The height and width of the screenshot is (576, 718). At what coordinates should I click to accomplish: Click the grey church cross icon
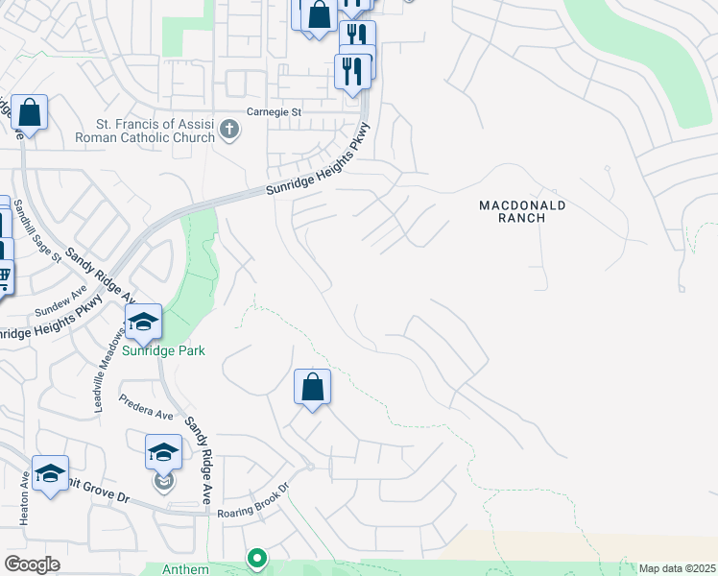pyautogui.click(x=228, y=129)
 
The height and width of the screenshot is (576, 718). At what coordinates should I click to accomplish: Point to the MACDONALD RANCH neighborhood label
pyautogui.click(x=523, y=211)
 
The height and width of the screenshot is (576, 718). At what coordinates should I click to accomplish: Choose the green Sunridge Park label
pyautogui.click(x=163, y=350)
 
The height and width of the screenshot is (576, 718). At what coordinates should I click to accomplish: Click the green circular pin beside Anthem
pyautogui.click(x=256, y=558)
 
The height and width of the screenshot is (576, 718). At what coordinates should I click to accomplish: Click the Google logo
pyautogui.click(x=33, y=564)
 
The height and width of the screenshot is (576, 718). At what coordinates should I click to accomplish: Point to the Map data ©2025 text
pyautogui.click(x=676, y=568)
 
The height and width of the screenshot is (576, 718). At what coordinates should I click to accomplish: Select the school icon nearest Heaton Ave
pyautogui.click(x=50, y=472)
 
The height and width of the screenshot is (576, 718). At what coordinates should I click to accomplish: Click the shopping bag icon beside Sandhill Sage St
pyautogui.click(x=30, y=112)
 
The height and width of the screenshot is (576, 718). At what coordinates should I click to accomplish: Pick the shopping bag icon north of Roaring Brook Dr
pyautogui.click(x=312, y=387)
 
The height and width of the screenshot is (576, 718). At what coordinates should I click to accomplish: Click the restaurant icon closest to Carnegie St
pyautogui.click(x=352, y=70)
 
